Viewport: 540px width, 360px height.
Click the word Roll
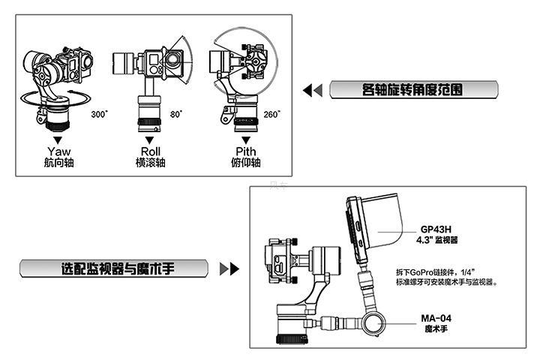[x=150, y=151]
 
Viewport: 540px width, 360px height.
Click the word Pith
[x=245, y=151]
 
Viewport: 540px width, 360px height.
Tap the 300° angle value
[x=99, y=115]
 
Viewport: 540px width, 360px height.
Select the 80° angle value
[x=176, y=115]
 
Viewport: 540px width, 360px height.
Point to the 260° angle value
[x=271, y=115]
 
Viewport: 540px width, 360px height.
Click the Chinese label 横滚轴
[x=150, y=163]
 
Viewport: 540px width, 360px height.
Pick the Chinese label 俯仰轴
[x=245, y=163]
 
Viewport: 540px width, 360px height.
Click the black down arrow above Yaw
[x=58, y=139]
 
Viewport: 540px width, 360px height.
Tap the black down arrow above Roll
[x=150, y=139]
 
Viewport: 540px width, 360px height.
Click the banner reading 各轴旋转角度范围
[x=414, y=91]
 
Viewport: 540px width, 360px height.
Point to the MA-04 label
[x=436, y=318]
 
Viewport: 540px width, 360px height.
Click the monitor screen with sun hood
[x=375, y=225]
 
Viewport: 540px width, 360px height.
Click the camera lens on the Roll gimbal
[x=174, y=61]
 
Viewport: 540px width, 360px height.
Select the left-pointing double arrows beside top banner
[x=312, y=91]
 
